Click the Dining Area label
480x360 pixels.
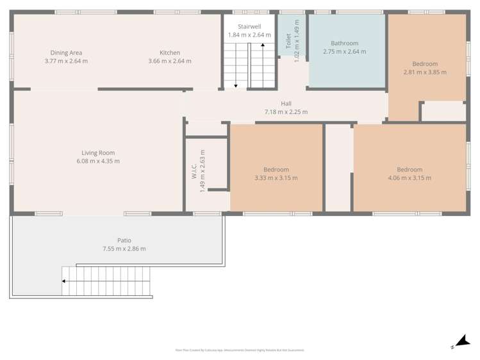coord(66,53)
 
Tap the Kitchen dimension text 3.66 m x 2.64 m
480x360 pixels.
coord(169,61)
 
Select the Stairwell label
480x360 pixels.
coord(249,27)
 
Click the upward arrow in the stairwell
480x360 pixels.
coord(262,46)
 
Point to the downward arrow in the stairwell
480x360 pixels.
coord(236,84)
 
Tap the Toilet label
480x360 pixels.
coord(288,42)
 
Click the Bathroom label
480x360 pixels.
coord(344,44)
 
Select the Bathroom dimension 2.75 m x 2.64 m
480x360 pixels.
coord(344,52)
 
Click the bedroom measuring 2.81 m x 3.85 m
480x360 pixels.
coord(425,68)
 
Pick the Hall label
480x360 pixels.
coord(286,104)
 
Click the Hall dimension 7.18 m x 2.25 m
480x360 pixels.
coord(286,112)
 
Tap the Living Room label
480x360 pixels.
coord(98,152)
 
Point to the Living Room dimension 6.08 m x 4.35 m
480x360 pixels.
coord(98,161)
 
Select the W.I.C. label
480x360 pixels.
coord(194,174)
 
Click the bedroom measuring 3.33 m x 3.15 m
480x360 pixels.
coord(276,174)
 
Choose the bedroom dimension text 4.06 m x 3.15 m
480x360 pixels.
coord(410,178)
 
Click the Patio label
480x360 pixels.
coord(124,240)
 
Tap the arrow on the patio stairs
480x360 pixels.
coord(64,280)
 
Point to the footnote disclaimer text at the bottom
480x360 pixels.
coord(240,350)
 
